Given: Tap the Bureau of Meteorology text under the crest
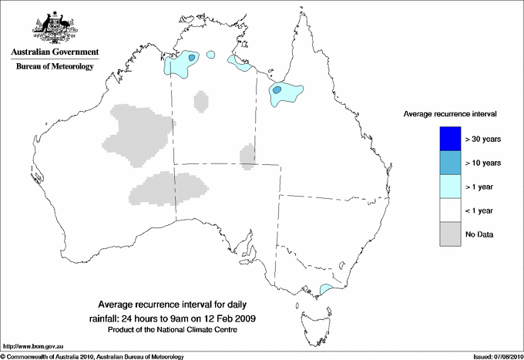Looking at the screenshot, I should click(55, 66).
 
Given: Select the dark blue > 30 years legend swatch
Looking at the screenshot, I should click(449, 139).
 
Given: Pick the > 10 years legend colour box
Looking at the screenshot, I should click(449, 163).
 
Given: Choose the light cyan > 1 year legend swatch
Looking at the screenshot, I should click(449, 187).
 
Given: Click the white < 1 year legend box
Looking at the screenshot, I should click(449, 210).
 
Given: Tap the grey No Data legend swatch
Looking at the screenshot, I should click(449, 234).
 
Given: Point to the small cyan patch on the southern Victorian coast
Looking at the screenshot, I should click(325, 290).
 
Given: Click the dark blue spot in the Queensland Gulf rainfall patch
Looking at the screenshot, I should click(277, 90).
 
